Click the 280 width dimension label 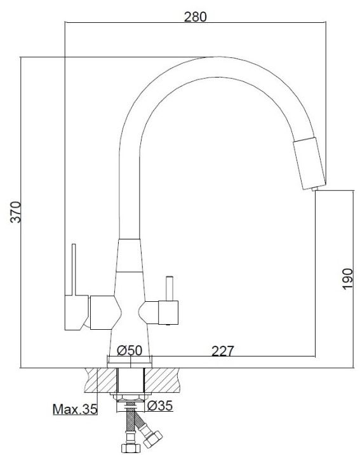pyautogui.click(x=196, y=17)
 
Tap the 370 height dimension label pyautogui.click(x=16, y=212)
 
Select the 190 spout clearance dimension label pyautogui.click(x=347, y=278)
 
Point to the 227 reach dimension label pyautogui.click(x=222, y=351)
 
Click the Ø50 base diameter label pyautogui.click(x=130, y=350)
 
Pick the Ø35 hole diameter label pyautogui.click(x=160, y=405)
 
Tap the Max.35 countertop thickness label pyautogui.click(x=75, y=409)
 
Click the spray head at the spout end pyautogui.click(x=309, y=163)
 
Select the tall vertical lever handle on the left pyautogui.click(x=74, y=270)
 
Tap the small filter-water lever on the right pyautogui.click(x=170, y=289)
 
